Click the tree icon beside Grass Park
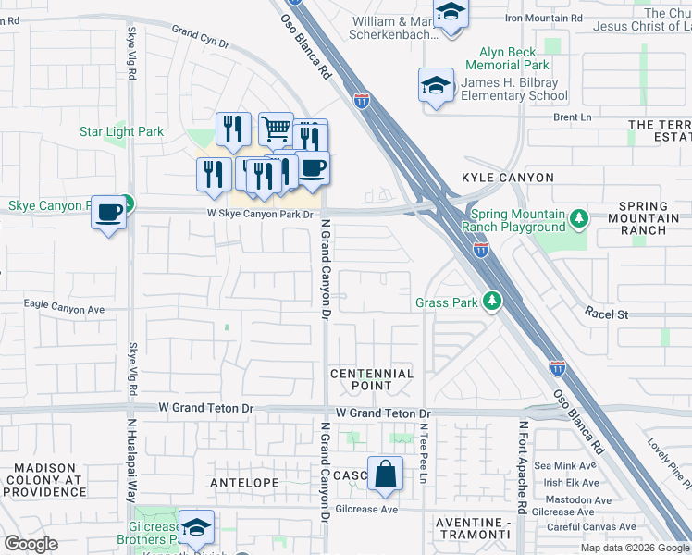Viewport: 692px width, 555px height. click(493, 302)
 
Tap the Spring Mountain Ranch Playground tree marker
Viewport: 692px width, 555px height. click(579, 219)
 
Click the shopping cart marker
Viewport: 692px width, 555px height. click(276, 129)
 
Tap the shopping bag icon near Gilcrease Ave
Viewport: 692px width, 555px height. click(385, 474)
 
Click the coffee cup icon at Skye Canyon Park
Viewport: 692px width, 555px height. click(109, 213)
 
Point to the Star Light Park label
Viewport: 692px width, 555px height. click(121, 132)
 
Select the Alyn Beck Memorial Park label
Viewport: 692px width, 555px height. click(513, 59)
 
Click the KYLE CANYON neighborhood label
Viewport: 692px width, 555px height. click(508, 177)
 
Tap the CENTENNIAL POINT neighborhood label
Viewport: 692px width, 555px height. click(372, 380)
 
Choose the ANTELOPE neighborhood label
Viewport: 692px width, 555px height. click(244, 483)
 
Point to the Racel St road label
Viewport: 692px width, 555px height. click(606, 314)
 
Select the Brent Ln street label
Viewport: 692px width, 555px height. click(572, 117)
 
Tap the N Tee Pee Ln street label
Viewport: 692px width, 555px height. click(422, 453)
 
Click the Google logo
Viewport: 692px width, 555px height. click(31, 543)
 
